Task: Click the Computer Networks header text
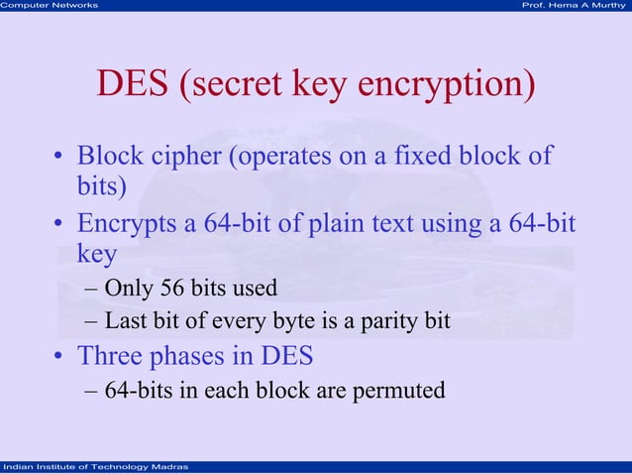coord(50,6)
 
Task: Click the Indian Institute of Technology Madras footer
coord(90,467)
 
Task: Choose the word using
coord(455,224)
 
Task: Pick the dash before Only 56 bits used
coord(91,290)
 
